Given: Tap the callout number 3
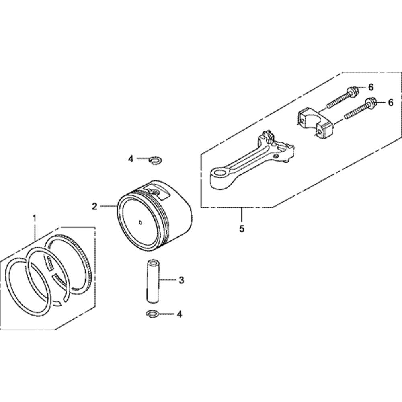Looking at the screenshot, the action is click(x=181, y=280).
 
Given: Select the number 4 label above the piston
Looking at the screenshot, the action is click(x=131, y=159).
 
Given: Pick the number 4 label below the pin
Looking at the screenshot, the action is click(x=179, y=314).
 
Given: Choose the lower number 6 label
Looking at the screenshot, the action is click(x=390, y=103).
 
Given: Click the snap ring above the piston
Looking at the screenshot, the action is click(x=155, y=160).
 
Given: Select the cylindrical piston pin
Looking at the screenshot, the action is click(x=153, y=281).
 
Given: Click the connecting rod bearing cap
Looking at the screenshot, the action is click(x=315, y=122).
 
